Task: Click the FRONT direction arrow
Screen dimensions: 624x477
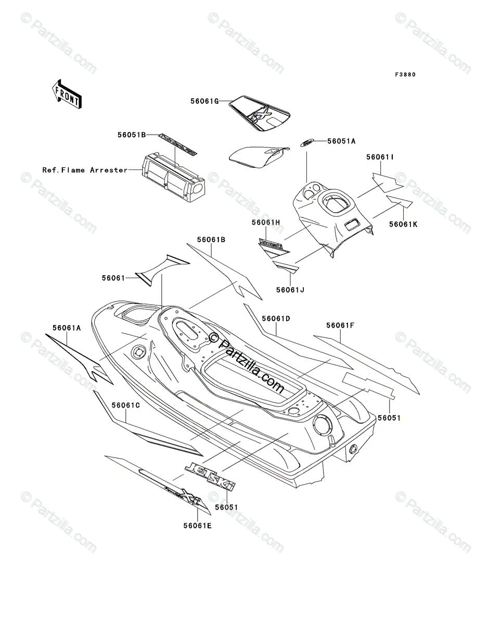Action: coord(65,93)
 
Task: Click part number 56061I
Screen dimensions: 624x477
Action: coord(382,156)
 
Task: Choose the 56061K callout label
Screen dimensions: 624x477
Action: coord(403,224)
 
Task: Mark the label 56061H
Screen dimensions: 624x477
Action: coord(266,222)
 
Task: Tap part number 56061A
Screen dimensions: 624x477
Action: coord(67,328)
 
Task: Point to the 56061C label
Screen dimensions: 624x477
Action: coord(125,404)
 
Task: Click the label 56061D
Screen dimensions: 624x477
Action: coord(276,318)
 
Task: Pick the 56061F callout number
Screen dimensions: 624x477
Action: coord(341,326)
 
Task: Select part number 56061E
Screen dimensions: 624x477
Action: coord(197,525)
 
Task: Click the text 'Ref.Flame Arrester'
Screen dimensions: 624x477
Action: coord(85,170)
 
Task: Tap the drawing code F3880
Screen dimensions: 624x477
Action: coord(405,74)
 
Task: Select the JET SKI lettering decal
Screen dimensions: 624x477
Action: coord(210,475)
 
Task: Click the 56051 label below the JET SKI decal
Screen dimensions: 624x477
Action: coord(226,506)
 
